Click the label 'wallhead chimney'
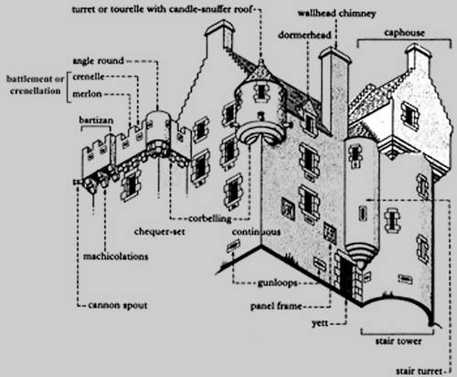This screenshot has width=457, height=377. [336, 14]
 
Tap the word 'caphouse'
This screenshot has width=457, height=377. [404, 33]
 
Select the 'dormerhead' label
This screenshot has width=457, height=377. [304, 35]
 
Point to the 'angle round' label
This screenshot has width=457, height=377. [98, 61]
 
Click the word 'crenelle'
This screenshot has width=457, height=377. [89, 77]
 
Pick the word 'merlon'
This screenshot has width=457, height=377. [87, 94]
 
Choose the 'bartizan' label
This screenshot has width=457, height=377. [96, 120]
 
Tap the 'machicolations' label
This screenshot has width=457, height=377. [115, 257]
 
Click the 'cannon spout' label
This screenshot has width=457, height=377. [118, 305]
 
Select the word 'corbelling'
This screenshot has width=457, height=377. [210, 218]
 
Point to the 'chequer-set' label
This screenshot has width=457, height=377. [160, 232]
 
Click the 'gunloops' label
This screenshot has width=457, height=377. [277, 283]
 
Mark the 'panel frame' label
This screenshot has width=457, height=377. [276, 306]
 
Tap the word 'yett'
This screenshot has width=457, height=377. [320, 323]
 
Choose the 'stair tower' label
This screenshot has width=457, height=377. [399, 341]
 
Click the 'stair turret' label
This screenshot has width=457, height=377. [419, 372]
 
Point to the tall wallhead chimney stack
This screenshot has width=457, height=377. [335, 91]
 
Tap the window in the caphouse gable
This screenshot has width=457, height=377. [409, 116]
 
